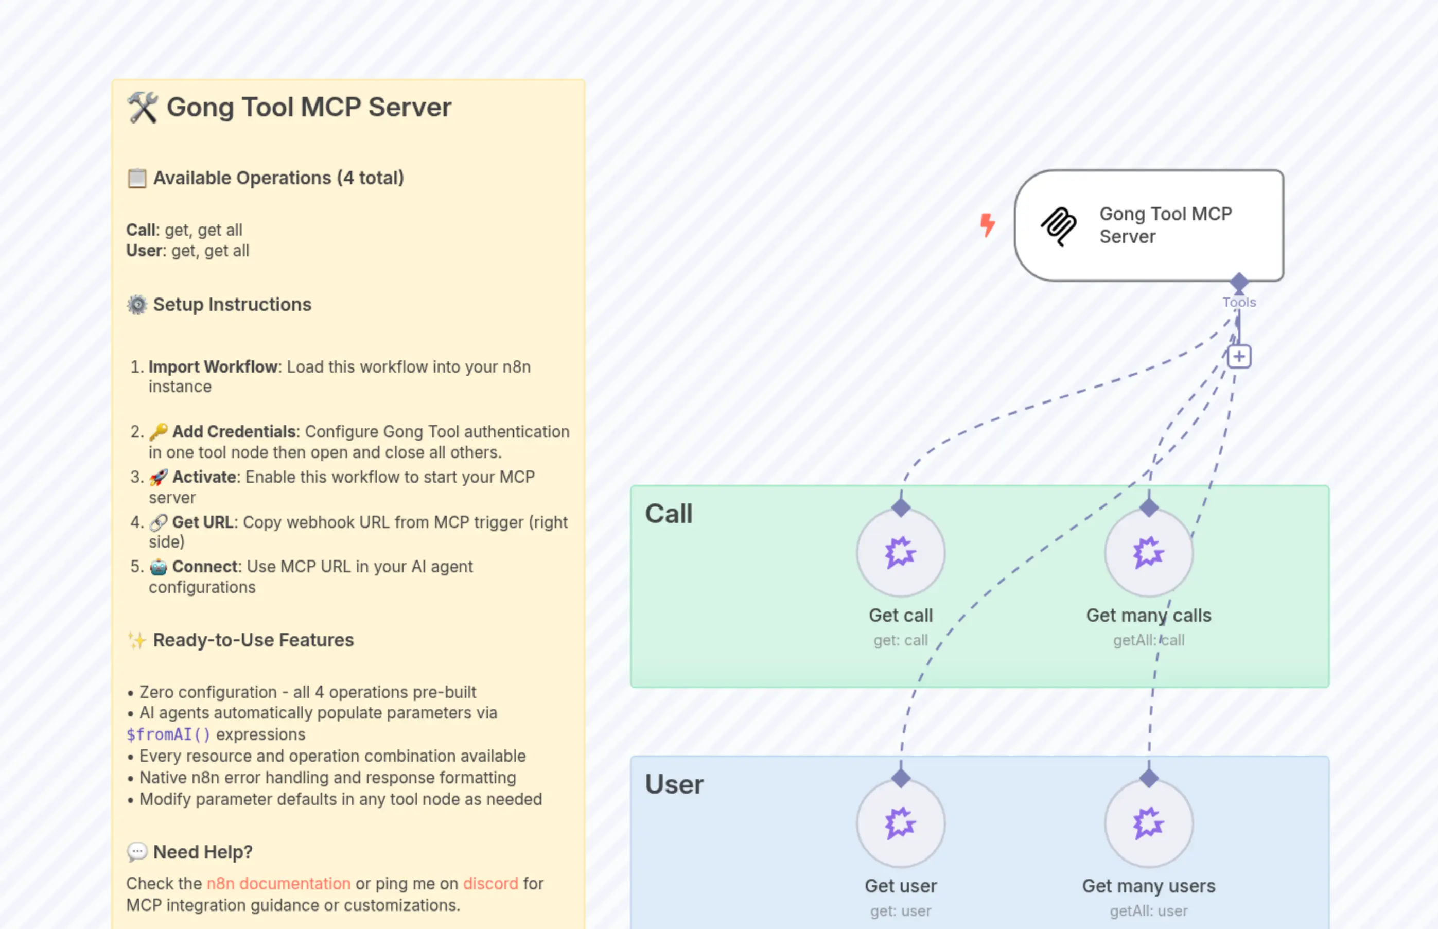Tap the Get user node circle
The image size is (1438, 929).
(x=900, y=823)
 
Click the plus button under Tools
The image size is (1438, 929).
(x=1239, y=357)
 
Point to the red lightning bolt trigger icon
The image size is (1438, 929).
(x=988, y=224)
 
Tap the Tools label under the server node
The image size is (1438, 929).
(x=1239, y=302)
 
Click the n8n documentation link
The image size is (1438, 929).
(x=278, y=883)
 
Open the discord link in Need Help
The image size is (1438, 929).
(x=490, y=883)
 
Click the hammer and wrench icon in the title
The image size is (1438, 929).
(x=143, y=108)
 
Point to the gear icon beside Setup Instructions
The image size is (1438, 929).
(x=137, y=305)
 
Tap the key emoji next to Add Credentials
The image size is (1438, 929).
(x=159, y=431)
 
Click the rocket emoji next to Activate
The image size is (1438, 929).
(x=159, y=477)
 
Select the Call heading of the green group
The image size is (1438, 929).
(x=669, y=514)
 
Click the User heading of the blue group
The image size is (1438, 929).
(x=674, y=784)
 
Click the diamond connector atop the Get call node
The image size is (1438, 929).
(x=901, y=507)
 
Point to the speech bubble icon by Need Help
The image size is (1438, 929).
(x=137, y=852)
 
